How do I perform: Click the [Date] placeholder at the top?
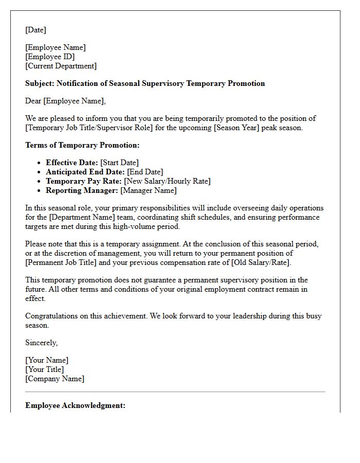click(x=35, y=30)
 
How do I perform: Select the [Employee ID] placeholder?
click(x=50, y=57)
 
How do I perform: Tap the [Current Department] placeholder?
click(x=61, y=66)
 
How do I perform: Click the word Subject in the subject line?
click(x=39, y=83)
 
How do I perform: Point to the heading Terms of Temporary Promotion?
click(x=82, y=145)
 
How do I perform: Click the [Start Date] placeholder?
click(x=119, y=163)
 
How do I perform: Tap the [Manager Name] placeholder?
click(x=148, y=190)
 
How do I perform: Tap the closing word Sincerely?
click(x=41, y=343)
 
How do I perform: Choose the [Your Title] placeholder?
click(x=45, y=369)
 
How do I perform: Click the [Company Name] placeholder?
click(x=55, y=379)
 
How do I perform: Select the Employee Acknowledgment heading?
click(x=75, y=405)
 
